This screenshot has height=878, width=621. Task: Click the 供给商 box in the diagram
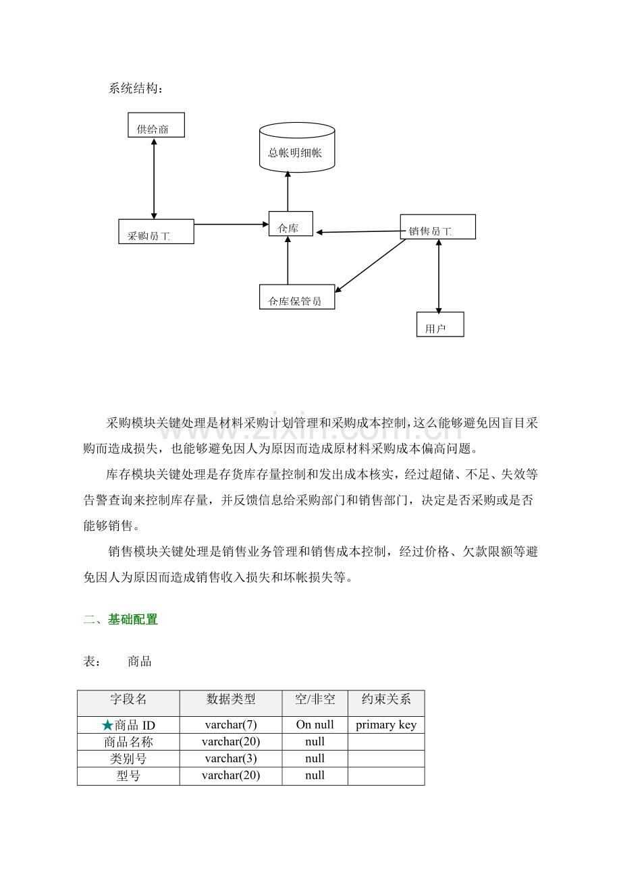(156, 125)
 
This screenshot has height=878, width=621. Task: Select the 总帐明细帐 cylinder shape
(296, 148)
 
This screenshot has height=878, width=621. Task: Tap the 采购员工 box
(156, 231)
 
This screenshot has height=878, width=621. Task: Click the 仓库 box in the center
(291, 224)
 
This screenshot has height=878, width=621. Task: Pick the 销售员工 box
(437, 227)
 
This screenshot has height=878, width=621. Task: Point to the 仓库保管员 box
(297, 297)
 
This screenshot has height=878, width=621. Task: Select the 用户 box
(440, 324)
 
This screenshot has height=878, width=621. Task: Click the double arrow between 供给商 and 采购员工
(154, 178)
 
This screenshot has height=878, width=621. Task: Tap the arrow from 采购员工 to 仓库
(231, 224)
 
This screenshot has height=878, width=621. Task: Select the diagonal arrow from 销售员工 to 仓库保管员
(371, 266)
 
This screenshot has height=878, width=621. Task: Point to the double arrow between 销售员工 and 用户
(439, 276)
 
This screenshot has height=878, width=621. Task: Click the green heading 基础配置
(133, 619)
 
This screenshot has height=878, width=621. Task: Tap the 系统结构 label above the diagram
(135, 88)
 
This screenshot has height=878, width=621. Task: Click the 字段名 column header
(128, 699)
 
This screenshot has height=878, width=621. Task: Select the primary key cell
(386, 725)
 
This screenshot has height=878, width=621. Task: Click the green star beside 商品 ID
(107, 726)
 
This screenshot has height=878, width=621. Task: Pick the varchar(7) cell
(231, 725)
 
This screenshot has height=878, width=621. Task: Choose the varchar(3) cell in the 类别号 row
(231, 759)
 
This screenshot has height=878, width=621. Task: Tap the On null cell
(315, 725)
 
